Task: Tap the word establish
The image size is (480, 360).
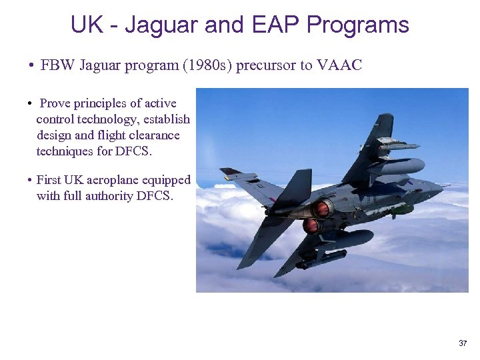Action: coord(167,119)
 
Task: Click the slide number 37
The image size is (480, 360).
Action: coord(463,343)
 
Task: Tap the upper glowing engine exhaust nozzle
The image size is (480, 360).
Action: coord(323,209)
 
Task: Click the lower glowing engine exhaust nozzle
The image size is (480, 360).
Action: coord(311,226)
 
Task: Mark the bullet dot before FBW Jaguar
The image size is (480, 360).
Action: coord(31,66)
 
